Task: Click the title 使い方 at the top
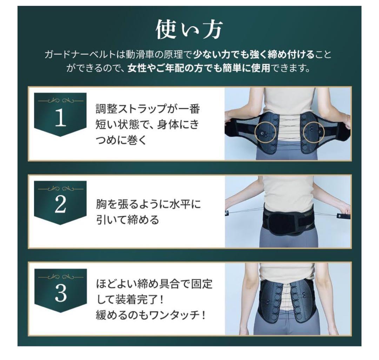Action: (x=189, y=30)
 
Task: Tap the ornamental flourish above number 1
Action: (x=60, y=101)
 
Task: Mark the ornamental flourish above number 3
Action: (x=60, y=277)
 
